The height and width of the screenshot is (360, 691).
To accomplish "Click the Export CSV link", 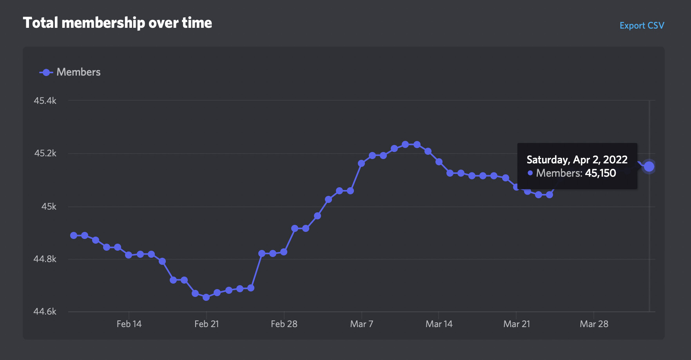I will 642,25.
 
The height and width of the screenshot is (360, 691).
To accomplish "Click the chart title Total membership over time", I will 117,23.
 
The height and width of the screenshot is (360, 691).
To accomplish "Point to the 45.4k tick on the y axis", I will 45,101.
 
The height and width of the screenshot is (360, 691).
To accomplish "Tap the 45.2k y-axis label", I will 45,153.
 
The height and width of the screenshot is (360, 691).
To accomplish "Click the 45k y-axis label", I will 49,206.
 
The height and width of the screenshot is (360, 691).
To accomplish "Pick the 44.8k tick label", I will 45,259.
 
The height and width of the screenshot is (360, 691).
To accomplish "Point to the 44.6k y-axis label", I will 45,311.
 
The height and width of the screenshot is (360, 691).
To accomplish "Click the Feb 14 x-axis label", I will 129,324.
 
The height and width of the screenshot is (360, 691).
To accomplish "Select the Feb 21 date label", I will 207,324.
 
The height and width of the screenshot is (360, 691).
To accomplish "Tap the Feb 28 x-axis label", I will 284,324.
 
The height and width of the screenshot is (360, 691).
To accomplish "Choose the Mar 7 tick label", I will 361,324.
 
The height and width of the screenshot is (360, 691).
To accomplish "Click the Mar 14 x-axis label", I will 439,324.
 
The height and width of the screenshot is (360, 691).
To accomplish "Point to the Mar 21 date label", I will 517,324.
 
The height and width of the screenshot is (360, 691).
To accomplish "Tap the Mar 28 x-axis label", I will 594,324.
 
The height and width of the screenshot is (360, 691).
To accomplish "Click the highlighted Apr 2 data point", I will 649,166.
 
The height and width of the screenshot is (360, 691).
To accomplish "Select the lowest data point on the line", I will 206,297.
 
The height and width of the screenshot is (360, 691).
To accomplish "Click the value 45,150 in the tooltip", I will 600,173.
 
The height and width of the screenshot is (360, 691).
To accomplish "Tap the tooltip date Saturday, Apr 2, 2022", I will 577,160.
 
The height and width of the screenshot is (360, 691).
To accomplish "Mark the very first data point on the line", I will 74,235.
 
